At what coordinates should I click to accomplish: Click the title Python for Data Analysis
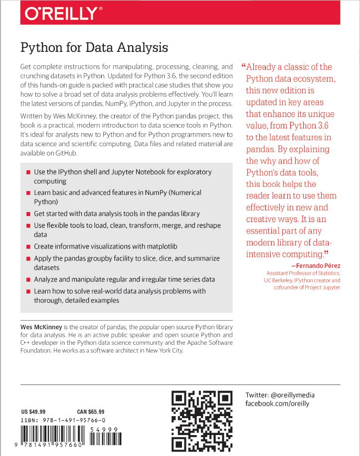point(94,48)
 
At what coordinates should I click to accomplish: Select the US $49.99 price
point(33,412)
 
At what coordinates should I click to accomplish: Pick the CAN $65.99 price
point(91,412)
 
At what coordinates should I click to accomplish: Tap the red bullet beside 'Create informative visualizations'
point(28,247)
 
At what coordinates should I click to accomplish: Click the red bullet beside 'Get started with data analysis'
point(28,214)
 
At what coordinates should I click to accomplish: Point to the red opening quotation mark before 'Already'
point(243,66)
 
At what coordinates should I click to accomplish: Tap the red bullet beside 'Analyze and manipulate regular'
point(28,280)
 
